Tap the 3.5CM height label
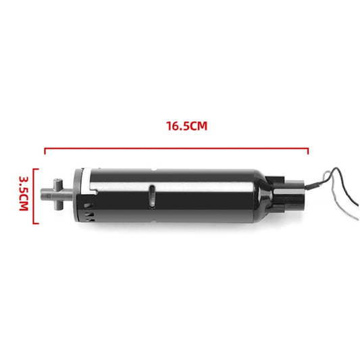23,195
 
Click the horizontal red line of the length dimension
176,149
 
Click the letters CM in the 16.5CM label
197,126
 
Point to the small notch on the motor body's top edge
155,168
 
